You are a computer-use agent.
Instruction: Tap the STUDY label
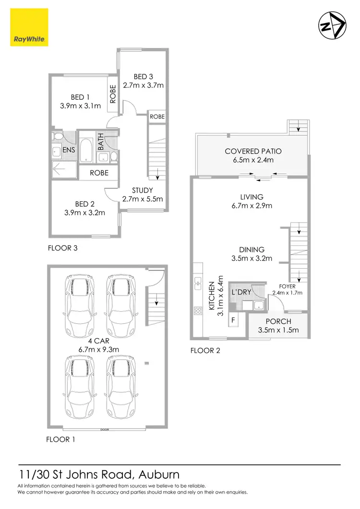coord(143,190)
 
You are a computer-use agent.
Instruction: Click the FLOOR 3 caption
coord(62,249)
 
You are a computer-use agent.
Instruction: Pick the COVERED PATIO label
coord(253,151)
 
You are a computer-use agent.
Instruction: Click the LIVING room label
coord(252,197)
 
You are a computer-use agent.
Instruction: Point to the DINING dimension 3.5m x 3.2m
coord(252,258)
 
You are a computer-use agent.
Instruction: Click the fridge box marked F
coord(234,320)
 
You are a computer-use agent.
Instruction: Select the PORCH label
coord(278,321)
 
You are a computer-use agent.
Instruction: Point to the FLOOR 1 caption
coord(60,439)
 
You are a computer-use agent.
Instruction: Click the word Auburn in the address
coord(159,475)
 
